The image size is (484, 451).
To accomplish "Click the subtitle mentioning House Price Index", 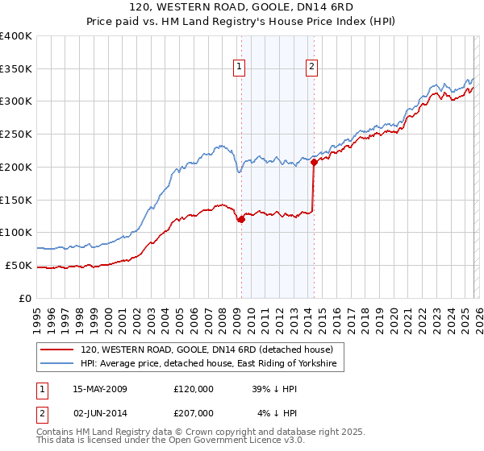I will coord(241,23).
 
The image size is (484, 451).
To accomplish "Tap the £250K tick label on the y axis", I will coord(16,134).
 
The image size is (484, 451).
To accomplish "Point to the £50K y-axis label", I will coord(19,265).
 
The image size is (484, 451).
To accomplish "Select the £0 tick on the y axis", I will coord(26,298).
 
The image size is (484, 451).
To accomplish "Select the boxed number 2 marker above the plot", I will coord(311,68).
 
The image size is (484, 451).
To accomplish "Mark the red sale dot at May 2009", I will coord(240,219).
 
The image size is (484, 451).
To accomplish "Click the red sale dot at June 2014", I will coord(313,163).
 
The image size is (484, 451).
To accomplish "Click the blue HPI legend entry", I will coord(211,364).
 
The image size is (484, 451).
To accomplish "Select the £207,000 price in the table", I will coord(194,413).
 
